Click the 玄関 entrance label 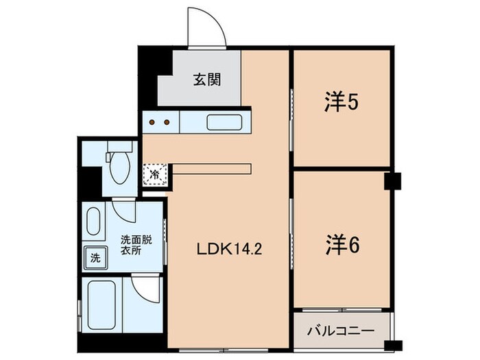click(206, 80)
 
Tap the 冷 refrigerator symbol click(155, 173)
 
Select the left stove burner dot click(153, 123)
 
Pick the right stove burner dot click(167, 123)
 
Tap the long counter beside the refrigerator click(213, 168)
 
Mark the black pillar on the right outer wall click(393, 180)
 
